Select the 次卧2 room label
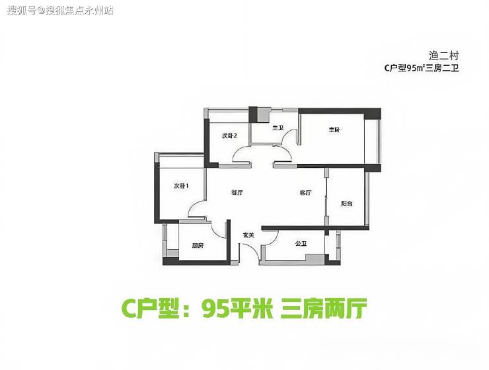pos(229,135)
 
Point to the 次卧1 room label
pos(181,186)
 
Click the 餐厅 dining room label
pos(238,193)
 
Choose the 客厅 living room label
pos(305,193)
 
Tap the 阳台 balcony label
pos(346,203)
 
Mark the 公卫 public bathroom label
pos(301,244)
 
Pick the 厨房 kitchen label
pos(198,245)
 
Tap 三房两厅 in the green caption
pos(323,309)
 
